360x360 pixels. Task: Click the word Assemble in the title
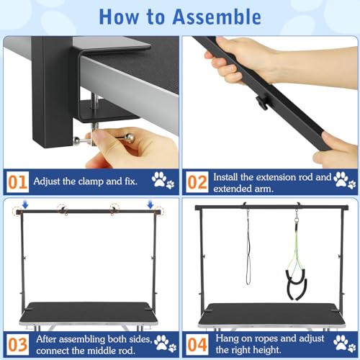(213, 16)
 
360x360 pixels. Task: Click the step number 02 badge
(197, 179)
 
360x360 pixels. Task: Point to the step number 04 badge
(197, 342)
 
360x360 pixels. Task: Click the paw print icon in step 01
(163, 179)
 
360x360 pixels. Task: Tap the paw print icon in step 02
(344, 179)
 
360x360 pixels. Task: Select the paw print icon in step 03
(163, 342)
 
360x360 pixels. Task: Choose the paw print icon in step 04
(344, 342)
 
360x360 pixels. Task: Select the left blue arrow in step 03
(25, 204)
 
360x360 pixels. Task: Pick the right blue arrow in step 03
(150, 204)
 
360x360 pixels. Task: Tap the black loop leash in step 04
(248, 248)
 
